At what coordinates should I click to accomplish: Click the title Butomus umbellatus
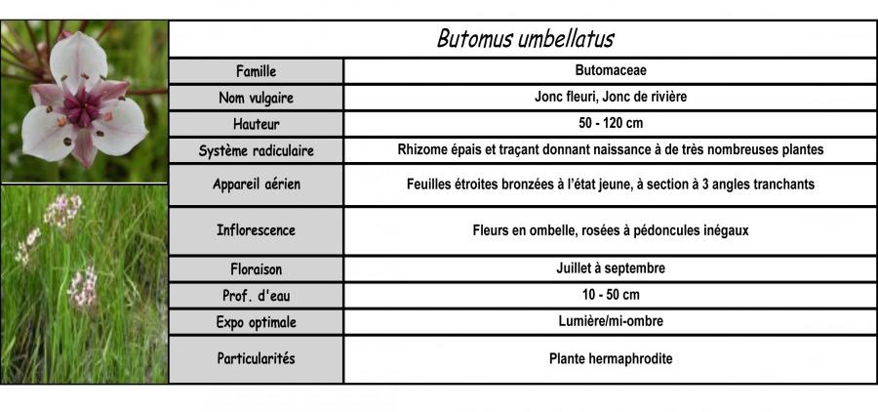point(525,39)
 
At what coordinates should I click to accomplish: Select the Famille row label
point(257,71)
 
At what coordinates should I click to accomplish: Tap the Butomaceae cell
point(611,71)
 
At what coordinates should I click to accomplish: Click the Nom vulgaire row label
point(257,98)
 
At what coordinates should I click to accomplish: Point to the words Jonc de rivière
point(648,98)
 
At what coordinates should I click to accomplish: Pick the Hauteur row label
point(257,124)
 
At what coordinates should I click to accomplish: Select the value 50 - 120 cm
point(611,124)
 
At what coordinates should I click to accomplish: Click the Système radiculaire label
point(257,151)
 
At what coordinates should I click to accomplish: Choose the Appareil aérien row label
point(257,185)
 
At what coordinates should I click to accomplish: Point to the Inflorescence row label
point(257,231)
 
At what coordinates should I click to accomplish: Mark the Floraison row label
point(257,268)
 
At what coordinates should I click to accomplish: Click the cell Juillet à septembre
point(611,268)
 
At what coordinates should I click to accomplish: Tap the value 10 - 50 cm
point(611,295)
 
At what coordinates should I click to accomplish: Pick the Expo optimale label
point(257,321)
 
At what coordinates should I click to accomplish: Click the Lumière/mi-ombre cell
point(611,321)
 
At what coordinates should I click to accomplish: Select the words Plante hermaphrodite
point(611,359)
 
